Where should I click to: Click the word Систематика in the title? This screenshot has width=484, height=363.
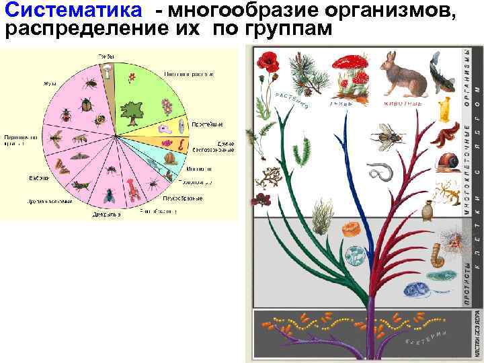(x=73, y=11)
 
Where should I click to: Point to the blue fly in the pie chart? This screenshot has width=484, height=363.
(x=108, y=194)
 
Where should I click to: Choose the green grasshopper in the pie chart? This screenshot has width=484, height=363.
(x=81, y=182)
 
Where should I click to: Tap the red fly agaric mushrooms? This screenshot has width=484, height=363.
(x=354, y=74)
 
